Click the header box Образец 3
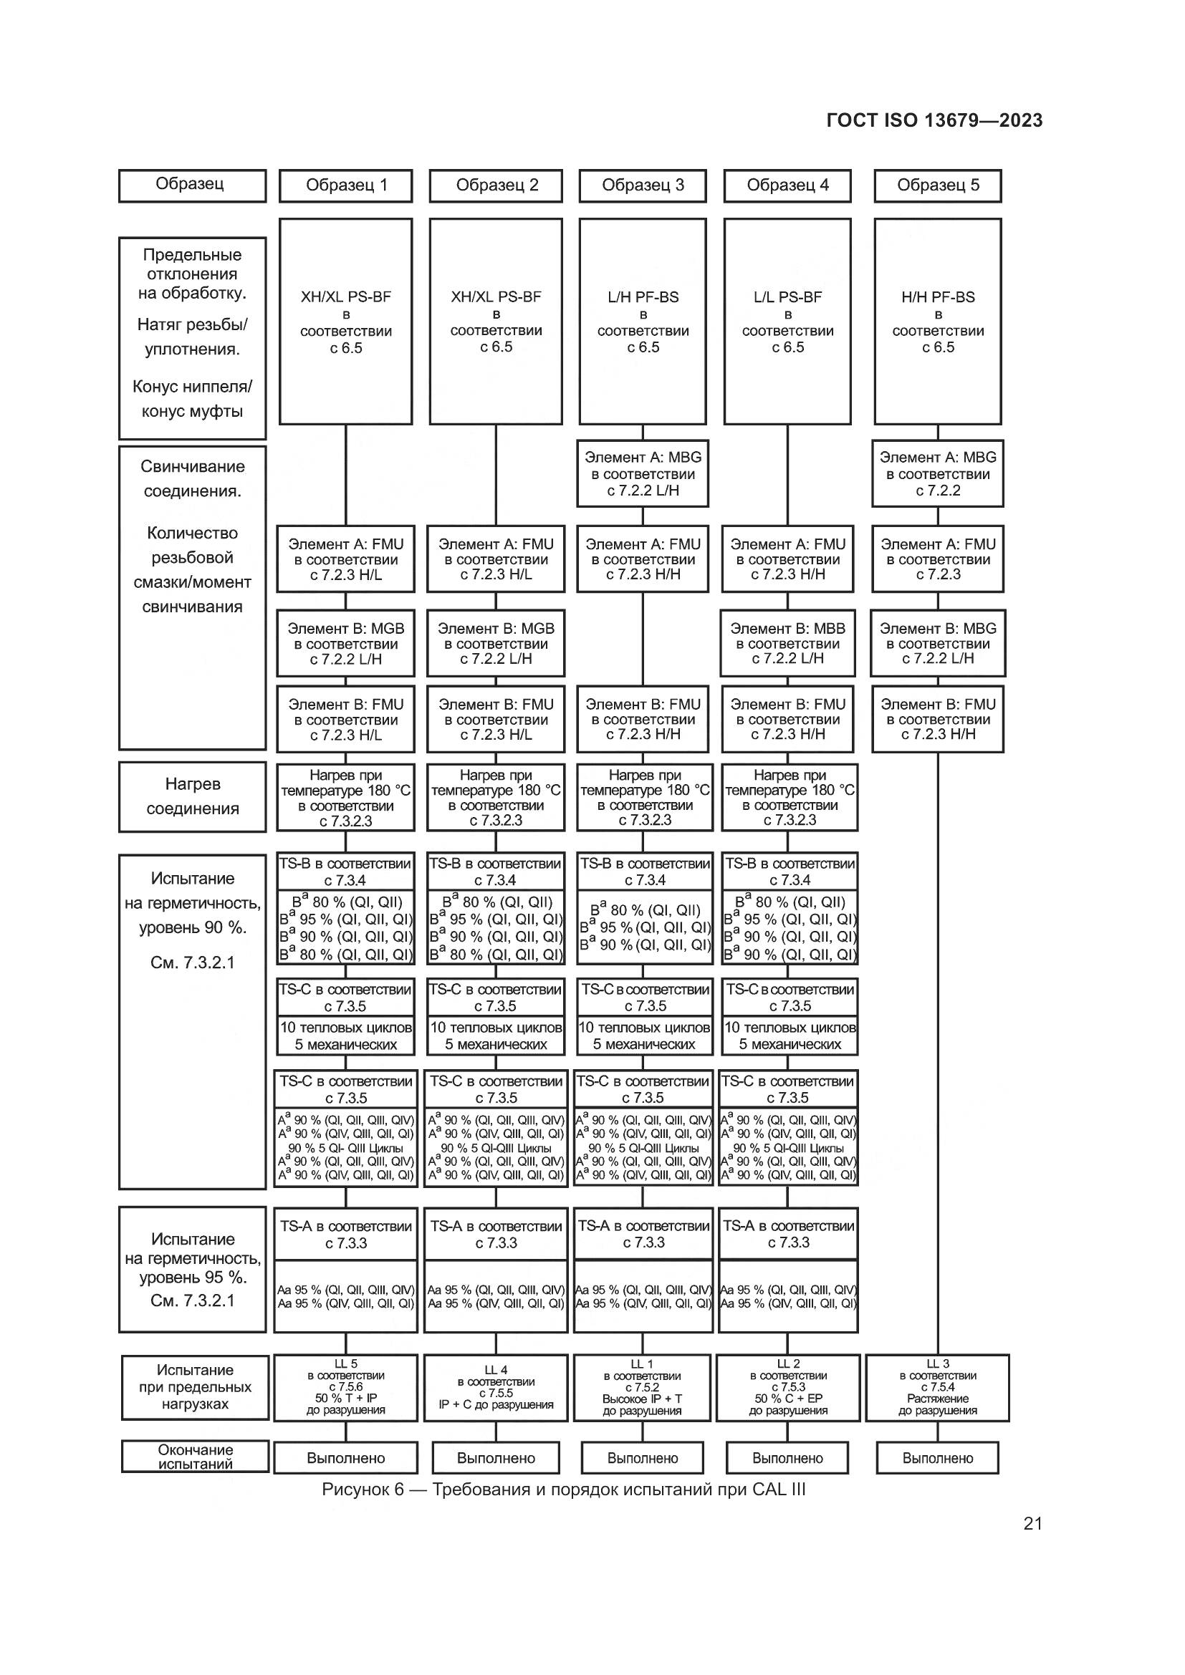643,185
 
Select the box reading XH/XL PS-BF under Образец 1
346,321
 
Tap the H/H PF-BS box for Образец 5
938,321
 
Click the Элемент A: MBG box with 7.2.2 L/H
643,473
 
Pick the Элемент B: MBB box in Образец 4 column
788,644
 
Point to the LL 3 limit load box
938,1388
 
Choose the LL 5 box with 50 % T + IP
346,1388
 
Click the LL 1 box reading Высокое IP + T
642,1388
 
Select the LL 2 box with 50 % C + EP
788,1388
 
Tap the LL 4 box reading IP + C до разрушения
496,1388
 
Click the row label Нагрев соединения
193,796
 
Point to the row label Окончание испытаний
195,1456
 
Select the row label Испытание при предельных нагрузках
195,1387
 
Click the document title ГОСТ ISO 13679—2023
935,120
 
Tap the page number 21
1032,1523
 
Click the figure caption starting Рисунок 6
564,1489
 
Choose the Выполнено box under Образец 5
938,1457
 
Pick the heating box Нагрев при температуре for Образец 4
790,797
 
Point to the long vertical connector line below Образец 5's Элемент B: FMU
938,1053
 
